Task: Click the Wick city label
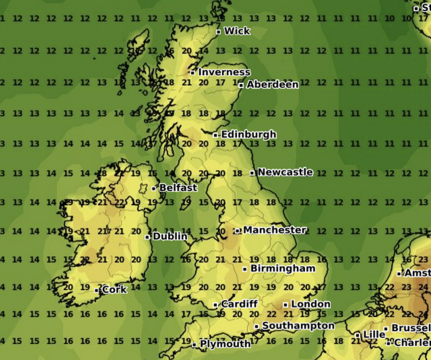pos(237,31)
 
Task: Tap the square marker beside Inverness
pos(193,73)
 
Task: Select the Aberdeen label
pos(272,84)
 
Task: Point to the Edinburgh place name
pos(248,135)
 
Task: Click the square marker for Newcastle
pos(252,173)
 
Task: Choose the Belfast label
pos(178,188)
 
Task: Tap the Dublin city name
pos(170,236)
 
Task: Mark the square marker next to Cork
pos(97,290)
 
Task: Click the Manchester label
pos(274,230)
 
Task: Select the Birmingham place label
pos(283,269)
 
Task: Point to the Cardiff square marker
pos(215,305)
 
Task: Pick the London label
pos(310,304)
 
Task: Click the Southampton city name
pos(298,326)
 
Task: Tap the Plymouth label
pos(225,344)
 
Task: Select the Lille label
pos(374,335)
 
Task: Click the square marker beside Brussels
pos(386,329)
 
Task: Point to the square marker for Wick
pos(219,32)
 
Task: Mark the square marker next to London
pos(285,304)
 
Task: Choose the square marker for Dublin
pos(147,237)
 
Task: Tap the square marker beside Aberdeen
pos(241,85)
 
